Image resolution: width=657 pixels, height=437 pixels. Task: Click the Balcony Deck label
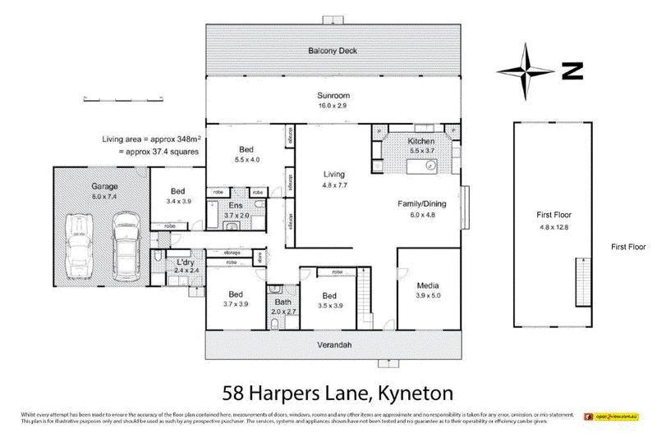pos(333,51)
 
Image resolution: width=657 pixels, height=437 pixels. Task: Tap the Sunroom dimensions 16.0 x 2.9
pos(333,107)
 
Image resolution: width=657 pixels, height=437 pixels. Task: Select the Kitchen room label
pos(421,142)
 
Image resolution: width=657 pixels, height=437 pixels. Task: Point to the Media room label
pos(429,285)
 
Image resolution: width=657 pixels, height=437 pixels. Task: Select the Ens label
pos(236,206)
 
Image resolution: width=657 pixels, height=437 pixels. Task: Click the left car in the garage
pos(80,244)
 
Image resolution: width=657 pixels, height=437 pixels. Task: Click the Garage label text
pos(104,186)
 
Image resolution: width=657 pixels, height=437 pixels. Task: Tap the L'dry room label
pos(185,262)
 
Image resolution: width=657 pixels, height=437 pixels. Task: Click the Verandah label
pos(334,345)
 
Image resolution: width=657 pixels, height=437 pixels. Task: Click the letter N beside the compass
pos(572,71)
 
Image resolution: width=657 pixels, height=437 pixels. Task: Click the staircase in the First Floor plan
pos(581,280)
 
